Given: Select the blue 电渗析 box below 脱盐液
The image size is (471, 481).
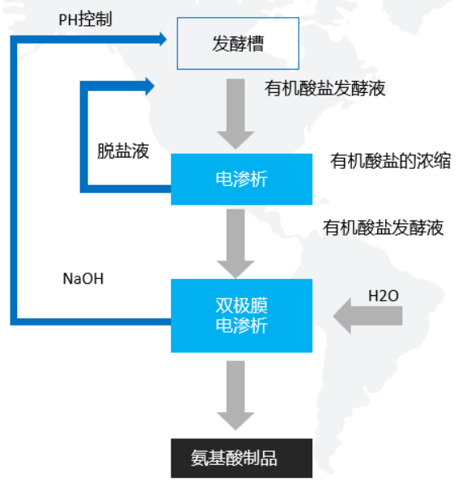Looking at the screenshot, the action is [242, 179].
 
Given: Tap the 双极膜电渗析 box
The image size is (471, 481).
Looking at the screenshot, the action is [242, 315].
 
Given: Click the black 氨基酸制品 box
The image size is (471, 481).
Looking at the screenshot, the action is [242, 458].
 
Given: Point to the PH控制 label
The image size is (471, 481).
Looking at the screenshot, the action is [85, 19].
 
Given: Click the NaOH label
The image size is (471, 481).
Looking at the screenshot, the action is [83, 279].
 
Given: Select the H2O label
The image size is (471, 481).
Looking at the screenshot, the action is [383, 296].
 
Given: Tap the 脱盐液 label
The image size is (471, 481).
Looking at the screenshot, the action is [123, 151].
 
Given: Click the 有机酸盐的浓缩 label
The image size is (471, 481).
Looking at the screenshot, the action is [390, 161].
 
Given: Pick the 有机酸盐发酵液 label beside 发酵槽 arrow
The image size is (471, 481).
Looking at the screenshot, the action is [325, 88].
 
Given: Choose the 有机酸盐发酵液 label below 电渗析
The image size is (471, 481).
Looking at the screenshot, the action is [383, 228].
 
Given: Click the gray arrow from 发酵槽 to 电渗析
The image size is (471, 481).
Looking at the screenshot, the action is [235, 114].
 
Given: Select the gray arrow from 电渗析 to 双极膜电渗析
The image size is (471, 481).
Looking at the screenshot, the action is [235, 244].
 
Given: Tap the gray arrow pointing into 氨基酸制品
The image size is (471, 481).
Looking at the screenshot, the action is [235, 395].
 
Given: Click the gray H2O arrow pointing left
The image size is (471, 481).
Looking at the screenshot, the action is [367, 315].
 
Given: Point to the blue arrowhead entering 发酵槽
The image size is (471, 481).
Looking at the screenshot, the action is [163, 40].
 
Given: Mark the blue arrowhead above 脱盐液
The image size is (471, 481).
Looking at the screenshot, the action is [150, 86].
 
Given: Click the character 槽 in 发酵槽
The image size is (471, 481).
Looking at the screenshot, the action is [255, 44].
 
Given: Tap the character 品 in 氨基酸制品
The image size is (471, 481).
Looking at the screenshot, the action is [269, 458].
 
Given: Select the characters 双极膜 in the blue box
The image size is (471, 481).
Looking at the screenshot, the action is [242, 306].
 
